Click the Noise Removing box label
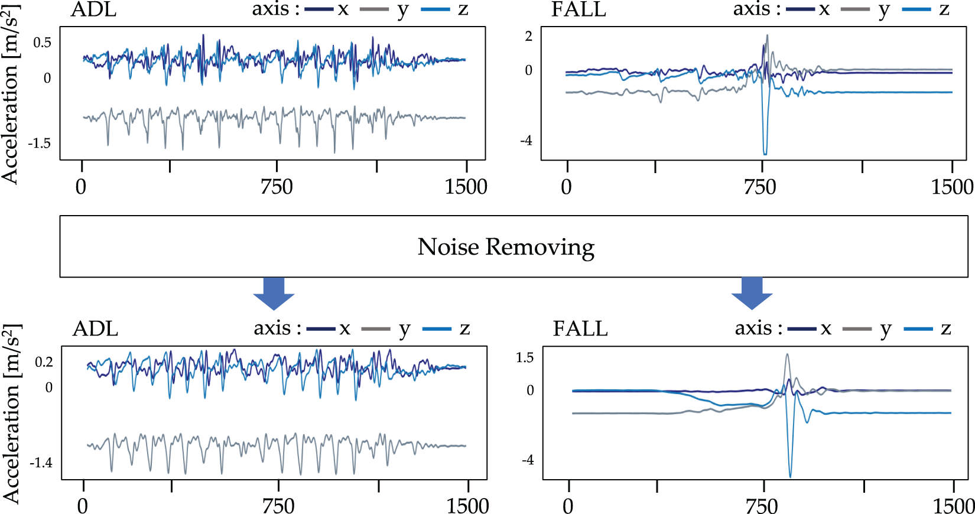click(506, 247)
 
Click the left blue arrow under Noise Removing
click(273, 293)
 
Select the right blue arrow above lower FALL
click(752, 293)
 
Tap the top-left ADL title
click(93, 10)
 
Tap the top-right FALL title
click(578, 10)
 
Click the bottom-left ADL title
click(95, 328)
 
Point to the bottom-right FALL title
click(580, 328)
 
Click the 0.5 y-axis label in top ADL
click(42, 43)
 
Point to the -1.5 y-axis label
click(39, 144)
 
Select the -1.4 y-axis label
click(41, 463)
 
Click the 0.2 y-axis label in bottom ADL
click(44, 362)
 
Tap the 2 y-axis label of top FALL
click(529, 36)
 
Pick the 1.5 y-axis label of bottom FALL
click(525, 357)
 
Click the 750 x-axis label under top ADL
click(277, 187)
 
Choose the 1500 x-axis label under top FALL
click(952, 187)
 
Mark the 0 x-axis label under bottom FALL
click(568, 506)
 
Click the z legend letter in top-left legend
click(463, 10)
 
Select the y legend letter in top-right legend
click(884, 10)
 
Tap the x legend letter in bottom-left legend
click(345, 328)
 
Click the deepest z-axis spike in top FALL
click(765, 153)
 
